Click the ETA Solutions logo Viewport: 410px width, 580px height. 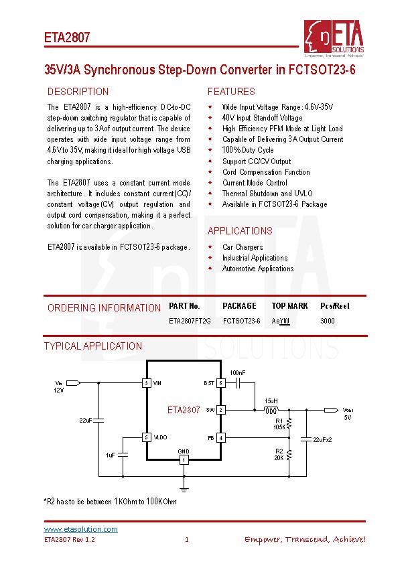click(x=334, y=38)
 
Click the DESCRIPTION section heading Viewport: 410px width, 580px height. click(x=78, y=92)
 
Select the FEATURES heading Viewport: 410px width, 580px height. click(x=231, y=92)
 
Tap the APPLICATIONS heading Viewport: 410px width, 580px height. click(x=240, y=231)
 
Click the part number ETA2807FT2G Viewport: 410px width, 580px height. click(x=190, y=321)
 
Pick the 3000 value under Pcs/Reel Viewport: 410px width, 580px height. click(x=328, y=321)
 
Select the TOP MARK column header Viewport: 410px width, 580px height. click(x=289, y=306)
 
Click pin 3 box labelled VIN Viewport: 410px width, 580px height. click(x=147, y=383)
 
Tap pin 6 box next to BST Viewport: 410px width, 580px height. click(x=221, y=383)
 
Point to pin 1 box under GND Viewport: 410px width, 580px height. click(x=184, y=460)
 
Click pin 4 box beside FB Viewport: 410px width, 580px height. click(x=221, y=437)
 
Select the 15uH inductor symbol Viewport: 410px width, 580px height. click(x=271, y=410)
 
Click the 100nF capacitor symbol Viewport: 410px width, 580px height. click(x=238, y=383)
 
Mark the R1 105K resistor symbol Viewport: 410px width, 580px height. click(x=289, y=423)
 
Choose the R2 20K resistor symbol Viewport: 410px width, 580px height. click(x=289, y=455)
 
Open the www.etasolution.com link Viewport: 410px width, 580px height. click(x=80, y=529)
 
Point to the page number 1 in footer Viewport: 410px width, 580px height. click(x=187, y=539)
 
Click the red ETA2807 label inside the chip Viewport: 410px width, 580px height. click(x=184, y=410)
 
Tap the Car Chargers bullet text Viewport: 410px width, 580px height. click(x=243, y=246)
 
